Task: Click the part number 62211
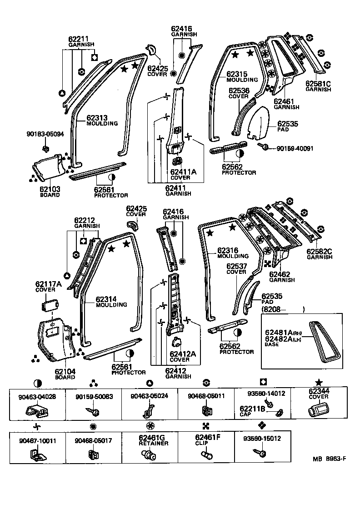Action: point(78,40)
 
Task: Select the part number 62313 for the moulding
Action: point(98,118)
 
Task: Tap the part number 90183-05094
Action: point(45,134)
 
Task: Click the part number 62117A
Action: point(48,284)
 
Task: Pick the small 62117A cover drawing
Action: point(51,304)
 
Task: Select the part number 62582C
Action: point(319,251)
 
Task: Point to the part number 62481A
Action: point(277,333)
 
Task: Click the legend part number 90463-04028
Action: point(37,396)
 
